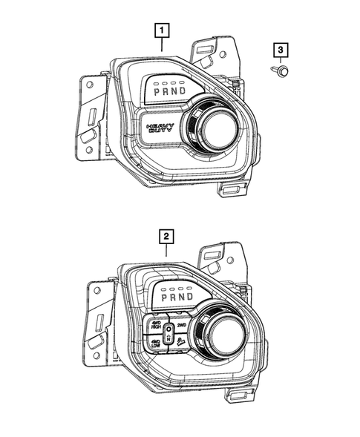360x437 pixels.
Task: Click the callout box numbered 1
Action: (161, 30)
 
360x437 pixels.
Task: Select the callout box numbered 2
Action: (168, 237)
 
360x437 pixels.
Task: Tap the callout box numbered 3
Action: (280, 50)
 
